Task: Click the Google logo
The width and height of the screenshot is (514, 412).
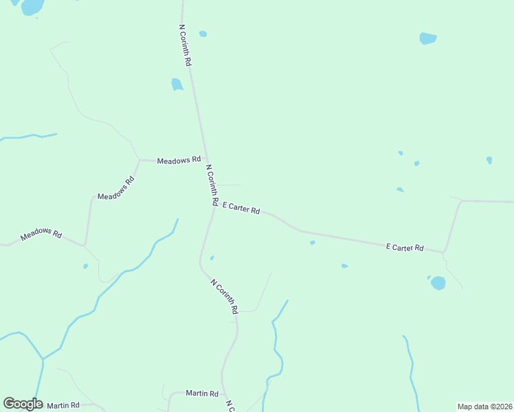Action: [x=23, y=404]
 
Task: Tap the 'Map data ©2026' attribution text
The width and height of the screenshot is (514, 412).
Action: [x=484, y=407]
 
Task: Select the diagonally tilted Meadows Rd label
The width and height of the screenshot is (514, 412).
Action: [x=116, y=188]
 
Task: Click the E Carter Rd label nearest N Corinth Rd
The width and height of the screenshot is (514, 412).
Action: [x=241, y=208]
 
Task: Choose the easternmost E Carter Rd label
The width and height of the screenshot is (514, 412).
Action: [x=405, y=247]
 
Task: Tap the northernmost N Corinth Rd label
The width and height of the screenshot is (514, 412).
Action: [x=185, y=45]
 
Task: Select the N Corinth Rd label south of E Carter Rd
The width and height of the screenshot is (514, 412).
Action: [x=225, y=297]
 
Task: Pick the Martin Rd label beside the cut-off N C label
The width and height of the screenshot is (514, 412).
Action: [x=202, y=393]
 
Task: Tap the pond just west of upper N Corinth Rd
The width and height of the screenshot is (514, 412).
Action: [x=177, y=84]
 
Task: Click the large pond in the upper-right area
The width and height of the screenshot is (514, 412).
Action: [x=428, y=38]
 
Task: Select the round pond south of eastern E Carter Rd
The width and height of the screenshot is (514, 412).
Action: [x=438, y=283]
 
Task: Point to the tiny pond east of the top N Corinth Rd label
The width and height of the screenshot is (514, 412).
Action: [x=203, y=34]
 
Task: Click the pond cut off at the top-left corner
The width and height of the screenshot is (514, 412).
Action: [x=32, y=7]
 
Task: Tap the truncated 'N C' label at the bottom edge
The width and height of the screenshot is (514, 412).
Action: [x=230, y=407]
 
